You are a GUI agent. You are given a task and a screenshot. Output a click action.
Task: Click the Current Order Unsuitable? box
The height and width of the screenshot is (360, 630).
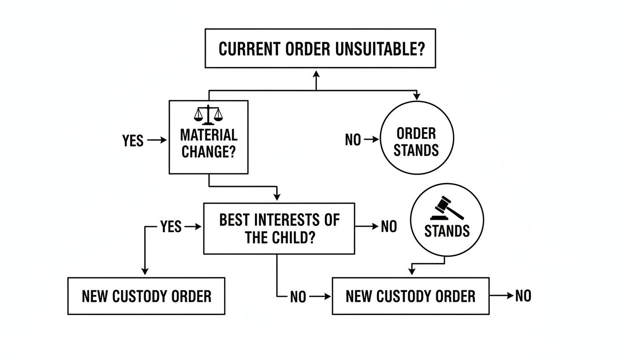coord(320,48)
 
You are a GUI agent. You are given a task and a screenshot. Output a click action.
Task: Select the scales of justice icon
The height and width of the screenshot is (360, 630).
coord(208,114)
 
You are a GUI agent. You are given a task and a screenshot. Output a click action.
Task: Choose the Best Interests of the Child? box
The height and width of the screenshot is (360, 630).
coord(279,229)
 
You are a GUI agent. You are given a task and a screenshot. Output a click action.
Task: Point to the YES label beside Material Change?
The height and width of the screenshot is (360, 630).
coord(133,140)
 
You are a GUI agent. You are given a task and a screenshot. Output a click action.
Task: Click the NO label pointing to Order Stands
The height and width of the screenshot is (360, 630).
coord(353,140)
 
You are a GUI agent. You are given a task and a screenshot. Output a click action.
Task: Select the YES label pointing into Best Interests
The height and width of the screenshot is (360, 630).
coord(171,227)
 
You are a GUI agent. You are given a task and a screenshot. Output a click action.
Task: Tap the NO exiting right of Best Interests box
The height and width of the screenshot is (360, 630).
coord(389,227)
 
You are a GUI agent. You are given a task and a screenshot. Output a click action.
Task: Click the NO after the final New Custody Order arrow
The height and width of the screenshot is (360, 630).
coord(523,296)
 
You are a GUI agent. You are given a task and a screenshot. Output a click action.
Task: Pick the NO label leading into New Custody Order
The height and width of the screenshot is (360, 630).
coord(298,297)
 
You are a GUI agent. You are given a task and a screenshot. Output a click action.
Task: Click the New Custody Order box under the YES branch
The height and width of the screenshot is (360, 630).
coord(146,296)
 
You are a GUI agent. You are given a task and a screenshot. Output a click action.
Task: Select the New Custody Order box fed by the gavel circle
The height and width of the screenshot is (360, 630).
coord(410,296)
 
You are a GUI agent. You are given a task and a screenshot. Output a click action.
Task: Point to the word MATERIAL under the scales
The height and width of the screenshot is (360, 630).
coord(209,135)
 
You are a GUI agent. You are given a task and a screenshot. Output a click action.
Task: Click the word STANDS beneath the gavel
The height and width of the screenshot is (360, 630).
coord(447,231)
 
